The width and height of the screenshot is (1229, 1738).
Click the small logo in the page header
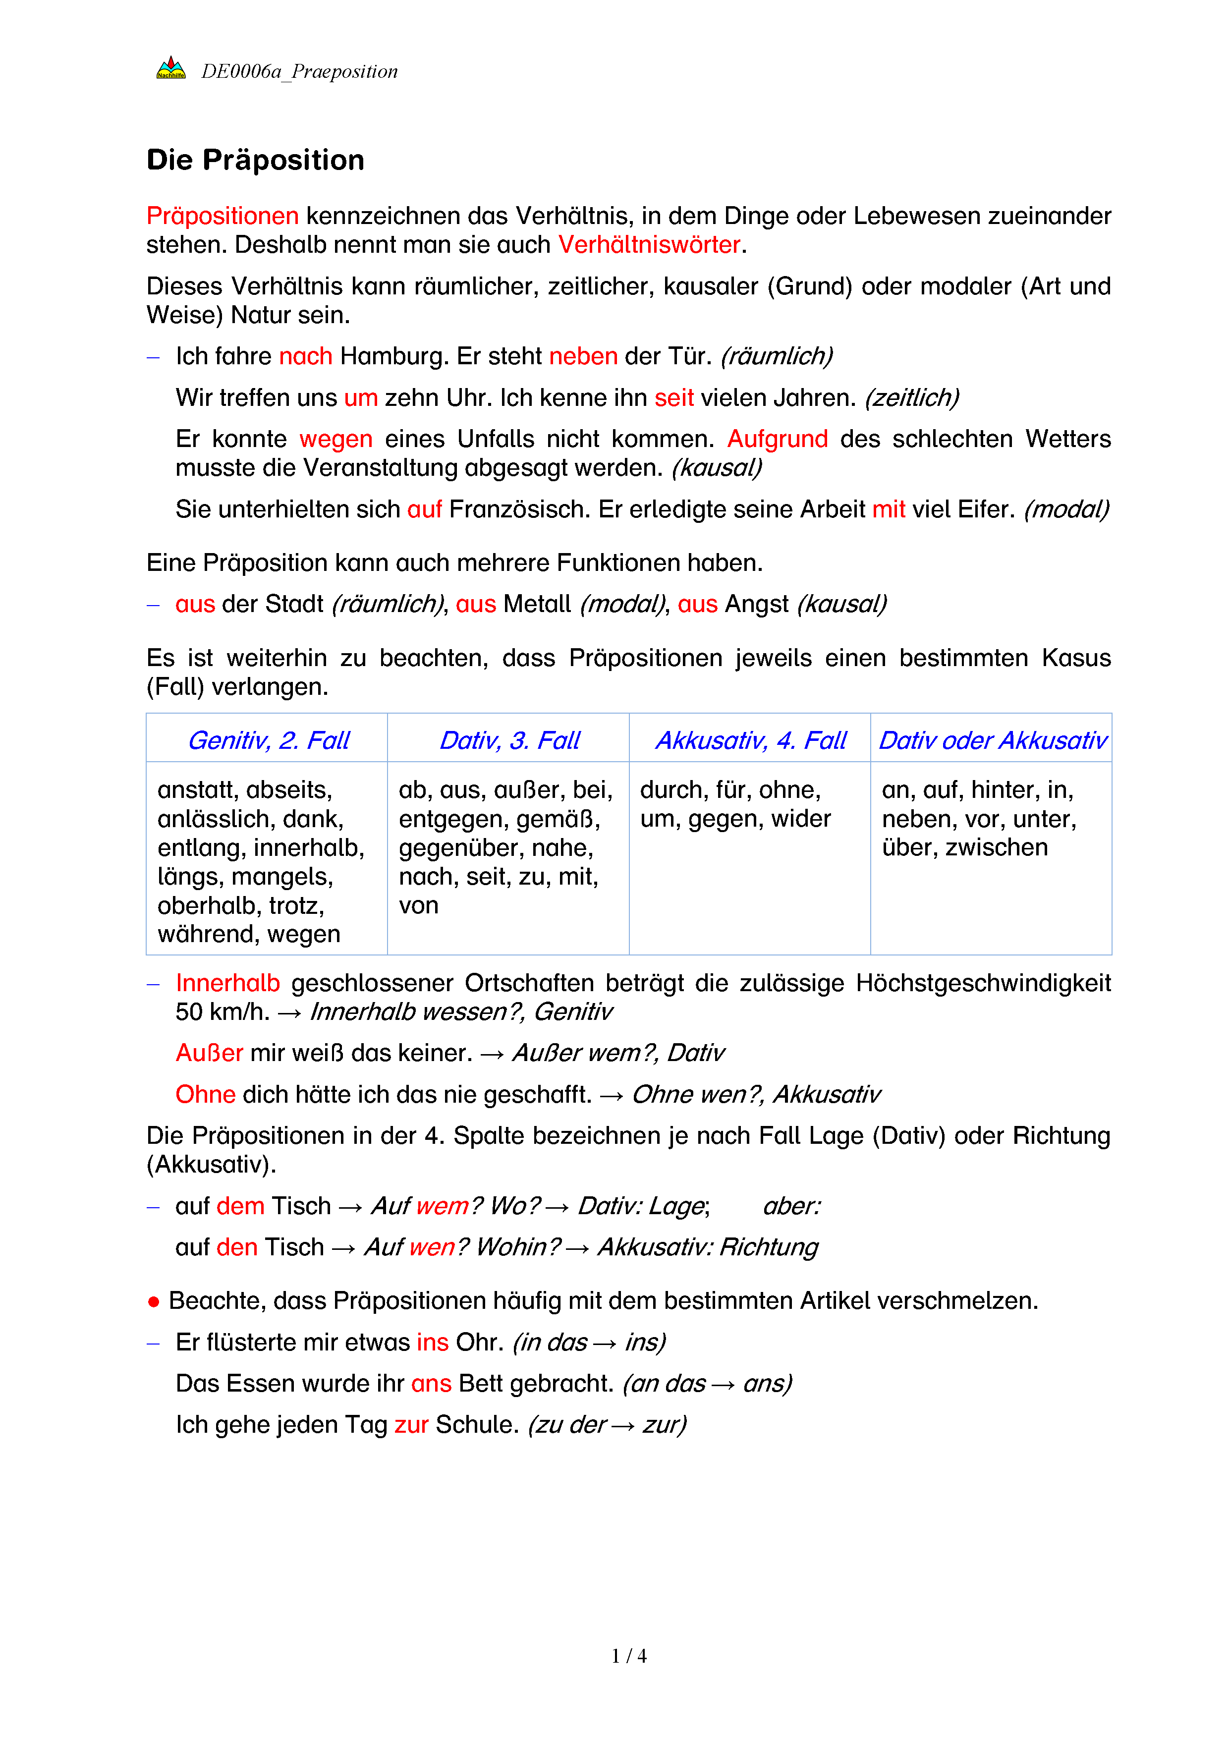point(170,68)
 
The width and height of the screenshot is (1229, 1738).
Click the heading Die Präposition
point(255,161)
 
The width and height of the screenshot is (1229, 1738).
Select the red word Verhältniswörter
point(649,244)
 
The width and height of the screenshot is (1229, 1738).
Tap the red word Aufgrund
point(777,439)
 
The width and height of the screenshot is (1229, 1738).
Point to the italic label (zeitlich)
point(912,397)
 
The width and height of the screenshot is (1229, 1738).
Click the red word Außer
point(209,1053)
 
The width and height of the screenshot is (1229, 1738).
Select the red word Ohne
point(205,1095)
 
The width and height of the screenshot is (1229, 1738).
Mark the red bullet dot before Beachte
point(154,1302)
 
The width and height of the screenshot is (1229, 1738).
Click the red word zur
point(411,1425)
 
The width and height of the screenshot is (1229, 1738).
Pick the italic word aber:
point(791,1206)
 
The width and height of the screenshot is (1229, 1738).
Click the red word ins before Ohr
point(432,1342)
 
